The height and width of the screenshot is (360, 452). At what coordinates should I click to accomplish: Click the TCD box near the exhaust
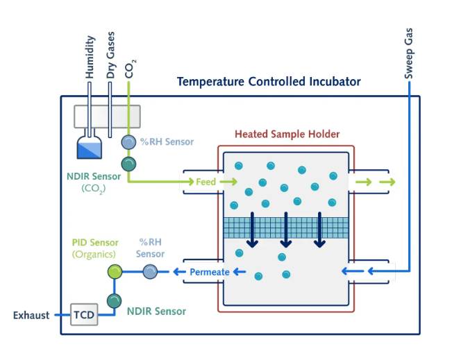click(x=84, y=316)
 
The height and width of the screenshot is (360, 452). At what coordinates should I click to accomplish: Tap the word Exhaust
click(x=31, y=316)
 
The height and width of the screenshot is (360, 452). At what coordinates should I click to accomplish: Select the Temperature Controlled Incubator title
click(x=269, y=82)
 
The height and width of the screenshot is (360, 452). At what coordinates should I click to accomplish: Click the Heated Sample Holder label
click(x=287, y=135)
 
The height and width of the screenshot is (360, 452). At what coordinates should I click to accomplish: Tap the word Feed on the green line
click(x=206, y=182)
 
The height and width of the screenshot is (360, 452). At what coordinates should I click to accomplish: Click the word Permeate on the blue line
click(x=209, y=272)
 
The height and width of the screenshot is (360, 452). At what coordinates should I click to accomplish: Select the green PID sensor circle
click(x=115, y=272)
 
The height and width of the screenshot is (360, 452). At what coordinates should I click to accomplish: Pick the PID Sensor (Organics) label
click(x=95, y=248)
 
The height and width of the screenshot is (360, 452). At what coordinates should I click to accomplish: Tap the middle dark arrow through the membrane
click(x=285, y=230)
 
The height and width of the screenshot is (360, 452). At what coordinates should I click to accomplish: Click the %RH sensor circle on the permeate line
click(x=149, y=272)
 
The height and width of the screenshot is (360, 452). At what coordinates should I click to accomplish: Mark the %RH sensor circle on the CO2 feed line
click(x=128, y=142)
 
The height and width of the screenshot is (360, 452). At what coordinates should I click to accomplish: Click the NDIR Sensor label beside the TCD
click(x=156, y=311)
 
